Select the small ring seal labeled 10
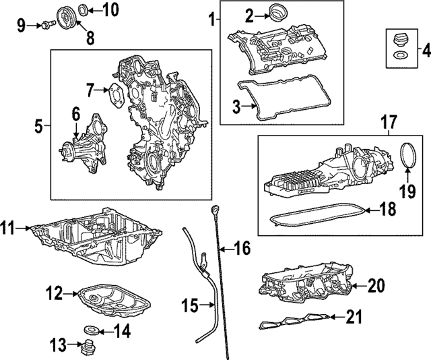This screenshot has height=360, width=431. (83, 9)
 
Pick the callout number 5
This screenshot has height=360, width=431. (38, 125)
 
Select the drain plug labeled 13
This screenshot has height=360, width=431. (86, 349)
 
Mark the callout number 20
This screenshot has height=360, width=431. (375, 286)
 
